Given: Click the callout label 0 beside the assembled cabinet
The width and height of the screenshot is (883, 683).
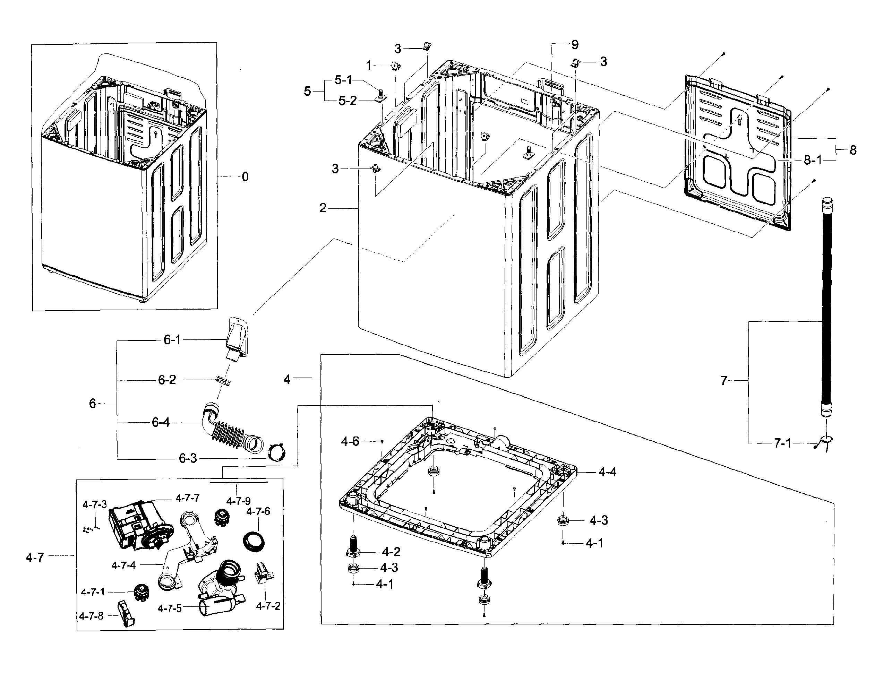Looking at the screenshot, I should (245, 177).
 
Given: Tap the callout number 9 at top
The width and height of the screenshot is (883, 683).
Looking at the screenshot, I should (575, 45).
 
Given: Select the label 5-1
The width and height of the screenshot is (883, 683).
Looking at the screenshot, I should (343, 80).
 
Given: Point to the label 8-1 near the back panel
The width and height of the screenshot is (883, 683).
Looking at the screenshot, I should (813, 161).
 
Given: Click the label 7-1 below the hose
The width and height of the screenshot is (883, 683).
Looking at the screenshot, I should (782, 443).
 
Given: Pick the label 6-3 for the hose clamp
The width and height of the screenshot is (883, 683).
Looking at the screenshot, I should (188, 459).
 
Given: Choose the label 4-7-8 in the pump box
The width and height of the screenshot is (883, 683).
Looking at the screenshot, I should (91, 616).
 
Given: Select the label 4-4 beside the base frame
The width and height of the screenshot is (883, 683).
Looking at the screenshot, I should (607, 472).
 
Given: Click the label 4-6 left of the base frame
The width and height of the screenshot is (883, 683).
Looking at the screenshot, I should (350, 442).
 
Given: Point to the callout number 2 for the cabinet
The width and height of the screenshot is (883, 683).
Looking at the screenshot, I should (323, 208).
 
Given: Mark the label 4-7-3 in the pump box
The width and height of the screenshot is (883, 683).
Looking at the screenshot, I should (95, 504).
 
